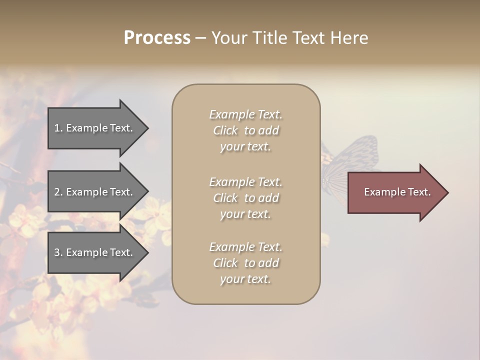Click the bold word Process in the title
[x=157, y=38]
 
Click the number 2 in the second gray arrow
[x=57, y=192]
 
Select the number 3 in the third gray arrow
[x=57, y=252]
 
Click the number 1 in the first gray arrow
[x=57, y=128]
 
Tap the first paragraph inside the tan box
[x=245, y=130]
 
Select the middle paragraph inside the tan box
[x=245, y=198]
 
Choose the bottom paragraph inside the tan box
[x=245, y=263]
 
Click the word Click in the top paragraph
[x=225, y=130]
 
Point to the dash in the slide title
[x=200, y=38]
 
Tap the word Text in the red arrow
[x=419, y=192]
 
